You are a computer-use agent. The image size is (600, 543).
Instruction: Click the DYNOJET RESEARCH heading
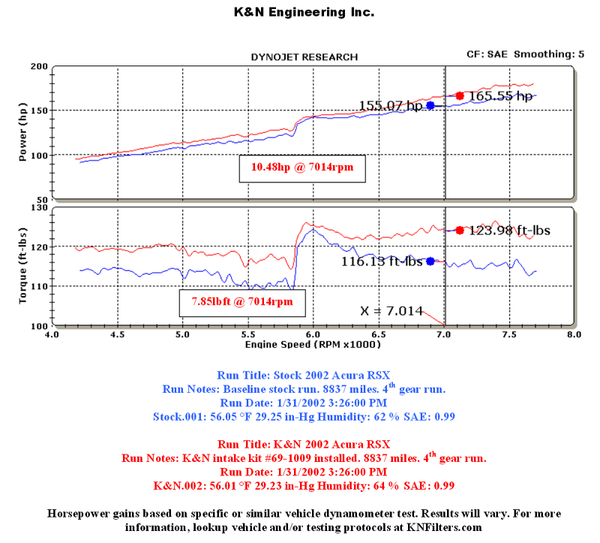[x=304, y=57]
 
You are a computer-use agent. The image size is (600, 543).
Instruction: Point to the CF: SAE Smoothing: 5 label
[x=526, y=54]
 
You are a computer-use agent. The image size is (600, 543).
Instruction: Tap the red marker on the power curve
[x=460, y=95]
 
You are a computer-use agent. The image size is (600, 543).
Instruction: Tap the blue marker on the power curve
[x=430, y=105]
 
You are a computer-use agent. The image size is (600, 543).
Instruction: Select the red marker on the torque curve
[x=460, y=230]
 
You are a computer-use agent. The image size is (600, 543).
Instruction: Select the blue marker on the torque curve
[x=430, y=261]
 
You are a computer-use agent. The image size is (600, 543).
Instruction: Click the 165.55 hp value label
[x=501, y=96]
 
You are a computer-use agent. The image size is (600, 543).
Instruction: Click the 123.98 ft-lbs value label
[x=509, y=231]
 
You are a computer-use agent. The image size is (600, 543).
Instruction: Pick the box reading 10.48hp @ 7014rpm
[x=302, y=169]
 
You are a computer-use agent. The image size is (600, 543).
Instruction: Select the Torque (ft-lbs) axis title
[x=22, y=267]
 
